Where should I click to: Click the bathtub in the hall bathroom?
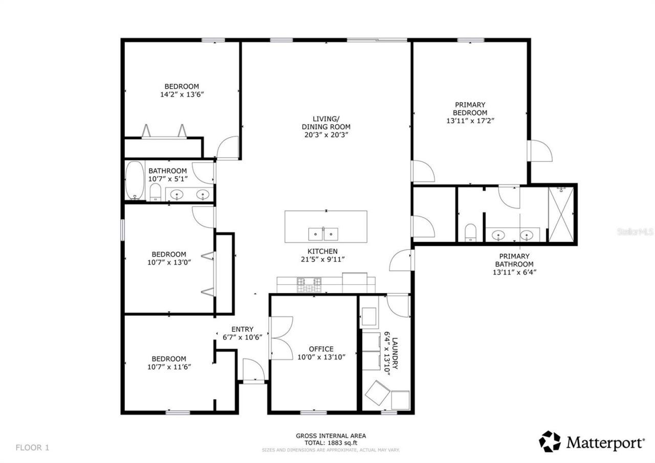coord(135,181)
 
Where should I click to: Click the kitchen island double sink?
coord(324,234)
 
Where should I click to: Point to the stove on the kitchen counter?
coord(310,282)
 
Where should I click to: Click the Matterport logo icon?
coord(550,441)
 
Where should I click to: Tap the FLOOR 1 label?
coord(32,448)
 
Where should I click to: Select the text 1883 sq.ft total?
coord(331,443)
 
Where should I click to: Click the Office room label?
coord(321,349)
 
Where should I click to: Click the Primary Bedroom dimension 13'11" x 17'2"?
coord(470,121)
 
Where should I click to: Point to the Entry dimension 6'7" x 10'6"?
coord(242,337)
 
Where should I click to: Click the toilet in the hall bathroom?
coord(156,193)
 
